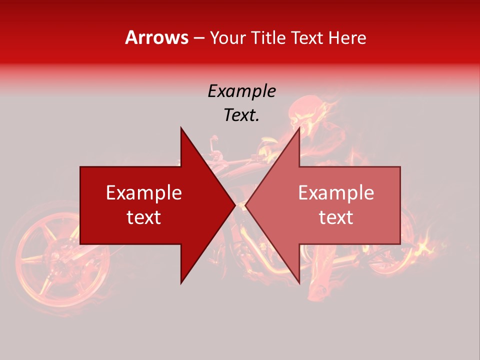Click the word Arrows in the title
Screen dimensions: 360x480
(157, 37)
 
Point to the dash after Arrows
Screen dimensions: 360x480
(198, 38)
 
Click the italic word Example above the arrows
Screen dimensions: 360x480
(241, 91)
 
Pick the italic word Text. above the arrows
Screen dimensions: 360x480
(241, 115)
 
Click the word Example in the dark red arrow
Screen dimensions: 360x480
(144, 192)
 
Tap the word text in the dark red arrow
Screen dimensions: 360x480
(144, 217)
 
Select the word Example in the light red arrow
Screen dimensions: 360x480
(336, 192)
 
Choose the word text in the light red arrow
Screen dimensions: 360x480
(336, 217)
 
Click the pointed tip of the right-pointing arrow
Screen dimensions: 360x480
(234, 205)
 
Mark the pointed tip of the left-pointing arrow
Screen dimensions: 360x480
(246, 205)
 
